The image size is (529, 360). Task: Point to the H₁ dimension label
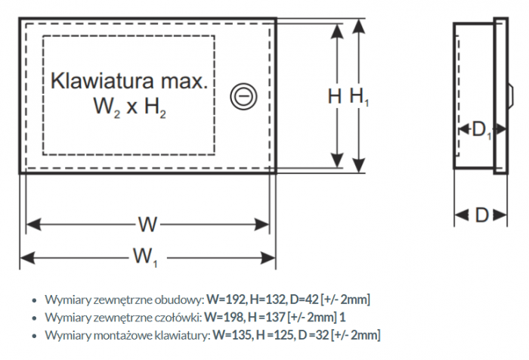[359, 96]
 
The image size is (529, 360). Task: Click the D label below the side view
[481, 216]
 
